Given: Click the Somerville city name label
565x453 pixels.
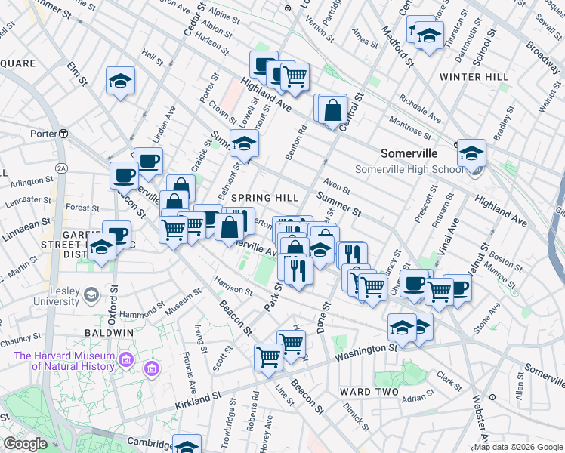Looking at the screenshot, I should coord(409,153).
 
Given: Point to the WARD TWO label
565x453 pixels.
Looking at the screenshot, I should coord(366,392).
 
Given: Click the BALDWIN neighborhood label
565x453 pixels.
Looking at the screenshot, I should coord(109,332).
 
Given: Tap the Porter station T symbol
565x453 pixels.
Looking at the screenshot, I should coord(65,134).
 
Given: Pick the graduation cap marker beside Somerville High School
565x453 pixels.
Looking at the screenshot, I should coord(471,153).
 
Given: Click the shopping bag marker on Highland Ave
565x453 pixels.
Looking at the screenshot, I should coord(332,109).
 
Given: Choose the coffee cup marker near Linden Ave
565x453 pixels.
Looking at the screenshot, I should coord(149,160).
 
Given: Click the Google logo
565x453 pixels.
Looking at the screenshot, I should coord(26,444).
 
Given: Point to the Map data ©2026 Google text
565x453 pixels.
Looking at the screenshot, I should coord(518,447).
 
